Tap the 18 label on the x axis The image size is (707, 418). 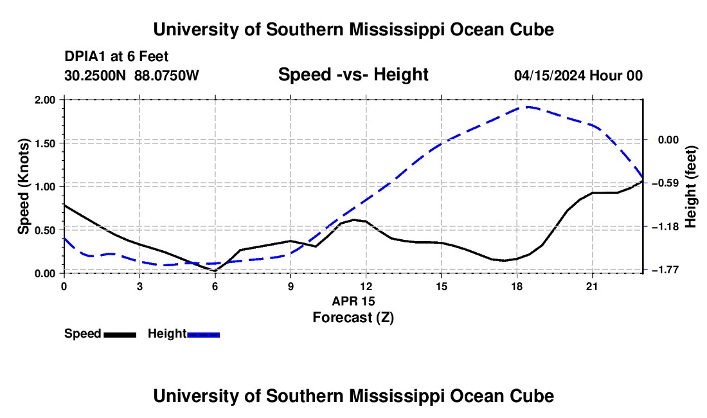pyautogui.click(x=517, y=286)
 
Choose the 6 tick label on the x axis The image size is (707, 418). pyautogui.click(x=215, y=286)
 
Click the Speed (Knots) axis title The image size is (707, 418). pyautogui.click(x=23, y=186)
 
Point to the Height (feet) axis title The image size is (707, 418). pyautogui.click(x=691, y=186)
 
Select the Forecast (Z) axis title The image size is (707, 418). pyautogui.click(x=353, y=318)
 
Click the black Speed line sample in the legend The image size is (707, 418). pyautogui.click(x=120, y=335)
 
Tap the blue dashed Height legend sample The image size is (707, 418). pyautogui.click(x=203, y=335)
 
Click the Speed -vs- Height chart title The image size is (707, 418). pyautogui.click(x=353, y=75)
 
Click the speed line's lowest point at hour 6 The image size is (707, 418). pyautogui.click(x=215, y=271)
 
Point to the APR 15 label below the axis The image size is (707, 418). pyautogui.click(x=353, y=301)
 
